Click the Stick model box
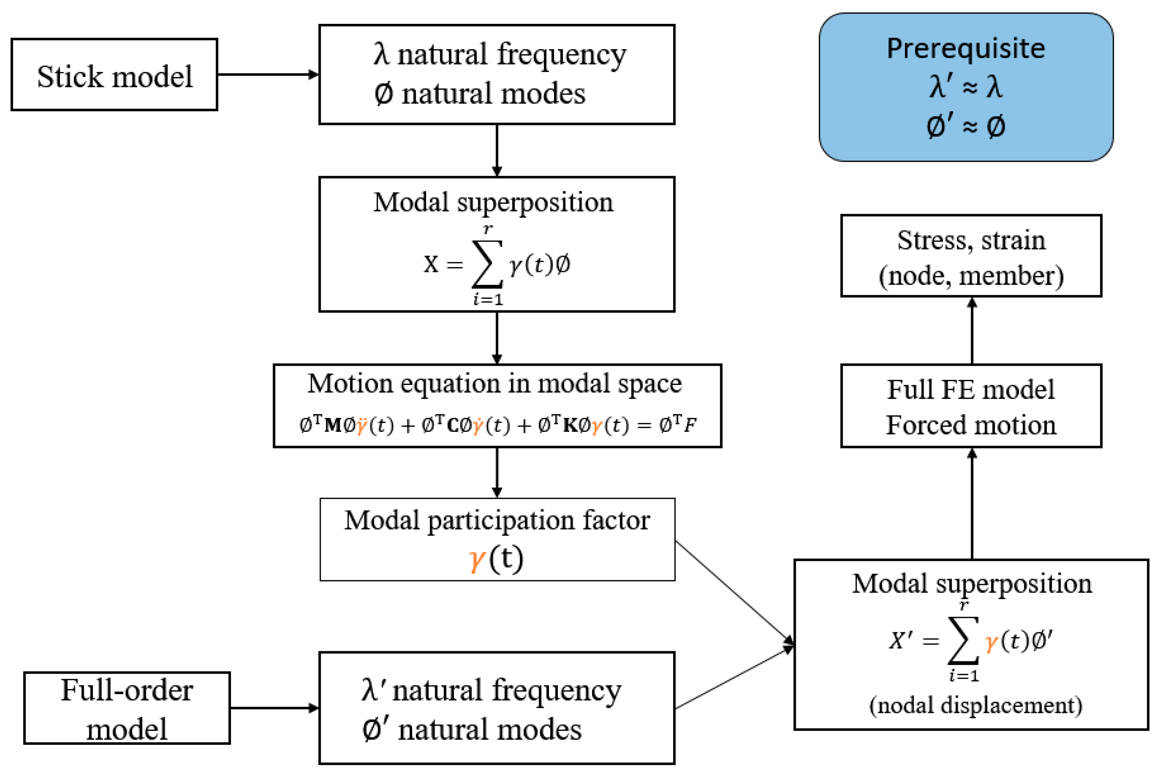pyautogui.click(x=114, y=75)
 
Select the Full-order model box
pyautogui.click(x=127, y=708)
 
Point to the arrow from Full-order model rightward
pyautogui.click(x=275, y=708)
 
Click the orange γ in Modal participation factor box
pyautogui.click(x=477, y=559)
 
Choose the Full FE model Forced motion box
pyautogui.click(x=971, y=406)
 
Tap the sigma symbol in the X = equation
pyautogui.click(x=487, y=264)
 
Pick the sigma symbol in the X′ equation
pyautogui.click(x=963, y=640)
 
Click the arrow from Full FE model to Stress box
pyautogui.click(x=972, y=331)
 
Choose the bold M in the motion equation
pyautogui.click(x=333, y=425)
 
